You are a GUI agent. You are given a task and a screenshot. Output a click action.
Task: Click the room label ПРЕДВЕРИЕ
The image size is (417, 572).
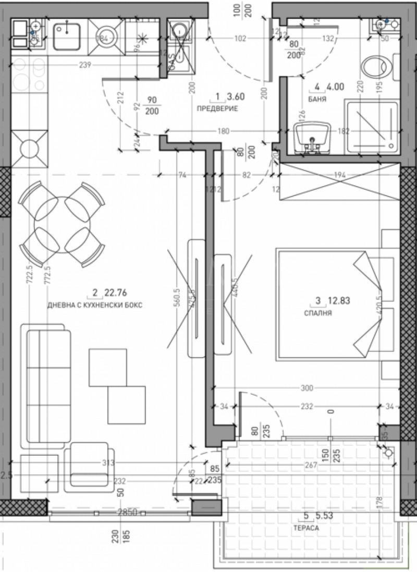(217, 108)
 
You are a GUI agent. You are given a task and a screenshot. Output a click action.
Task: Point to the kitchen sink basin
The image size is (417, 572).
(66, 32)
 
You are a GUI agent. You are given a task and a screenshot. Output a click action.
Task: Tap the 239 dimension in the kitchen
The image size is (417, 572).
(85, 65)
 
